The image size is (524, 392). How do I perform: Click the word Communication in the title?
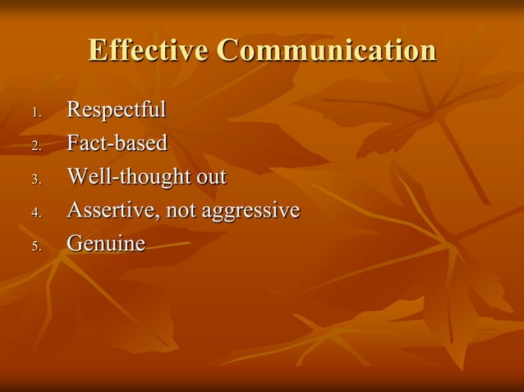click(326, 50)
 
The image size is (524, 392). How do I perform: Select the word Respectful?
click(116, 110)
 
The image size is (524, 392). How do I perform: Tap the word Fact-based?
click(117, 144)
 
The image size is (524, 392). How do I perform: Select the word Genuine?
click(105, 244)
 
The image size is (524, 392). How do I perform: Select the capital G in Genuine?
click(74, 244)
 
